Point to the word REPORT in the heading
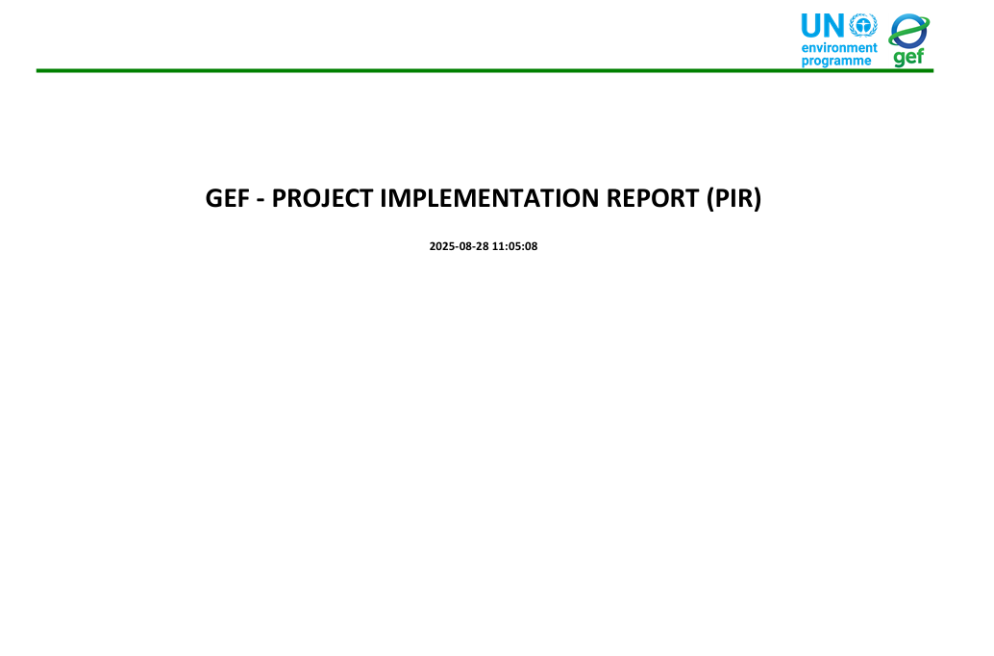(653, 198)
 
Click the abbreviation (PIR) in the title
(734, 199)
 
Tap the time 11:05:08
(514, 246)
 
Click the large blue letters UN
(823, 26)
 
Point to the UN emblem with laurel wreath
(862, 25)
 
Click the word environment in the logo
(839, 47)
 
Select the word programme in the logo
(836, 62)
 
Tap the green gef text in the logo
(908, 57)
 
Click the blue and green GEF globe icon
(909, 31)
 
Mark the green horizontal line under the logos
(485, 70)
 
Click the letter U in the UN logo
(811, 26)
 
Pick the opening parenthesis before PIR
(710, 199)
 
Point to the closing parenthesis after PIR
(757, 199)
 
